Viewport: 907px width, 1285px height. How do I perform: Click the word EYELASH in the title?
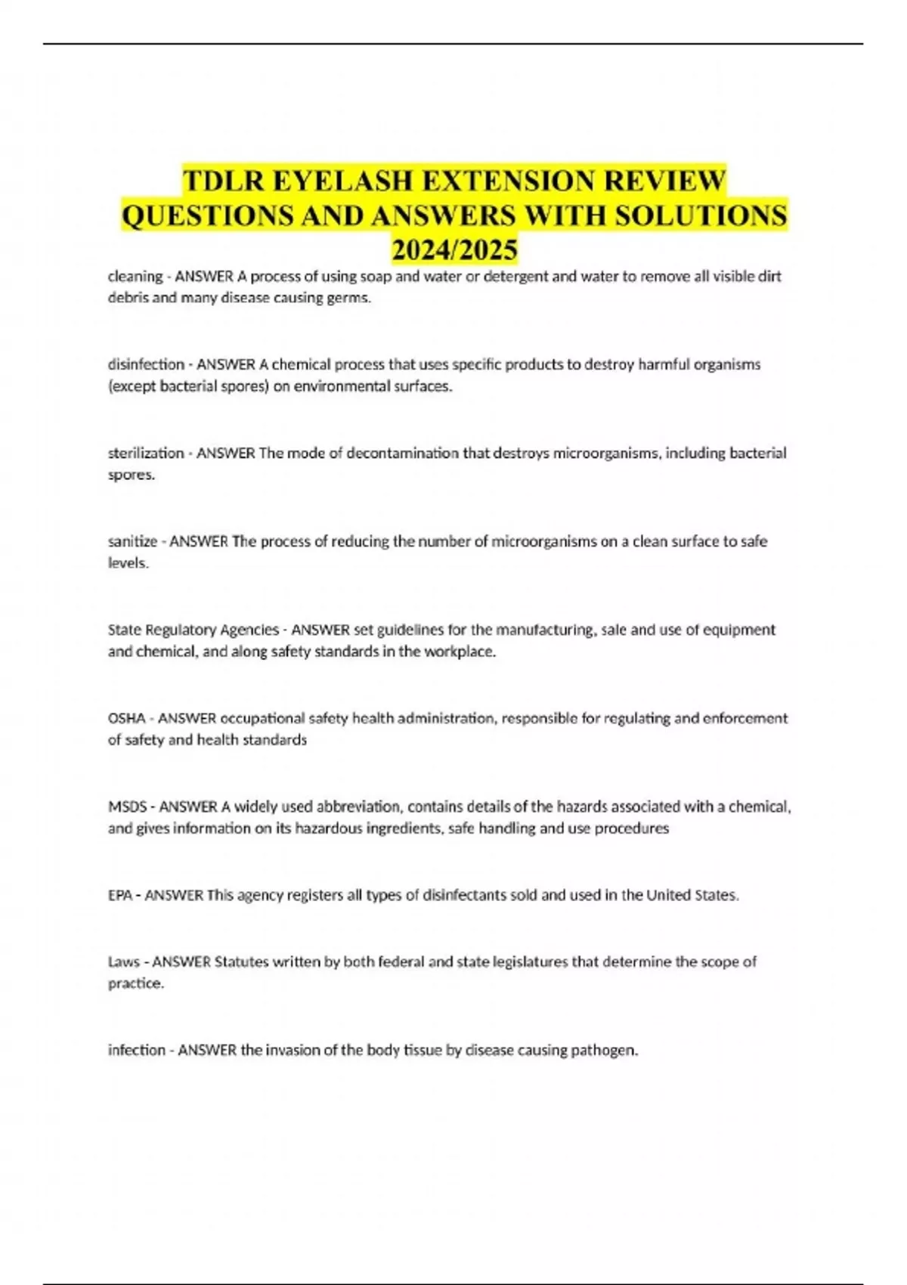[341, 181]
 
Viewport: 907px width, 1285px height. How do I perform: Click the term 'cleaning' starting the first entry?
[135, 277]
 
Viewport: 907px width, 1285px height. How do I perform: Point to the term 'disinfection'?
[146, 364]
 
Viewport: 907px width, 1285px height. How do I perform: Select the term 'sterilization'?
[146, 454]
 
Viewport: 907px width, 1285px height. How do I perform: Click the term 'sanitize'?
[132, 541]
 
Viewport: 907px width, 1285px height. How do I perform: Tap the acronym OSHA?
[126, 718]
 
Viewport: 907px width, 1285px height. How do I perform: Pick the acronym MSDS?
[127, 807]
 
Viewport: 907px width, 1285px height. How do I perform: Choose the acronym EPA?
[120, 895]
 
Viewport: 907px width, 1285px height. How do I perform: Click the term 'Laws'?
[124, 961]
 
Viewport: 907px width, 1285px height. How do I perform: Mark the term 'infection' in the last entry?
[136, 1050]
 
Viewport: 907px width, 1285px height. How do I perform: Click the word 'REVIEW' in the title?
[664, 181]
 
